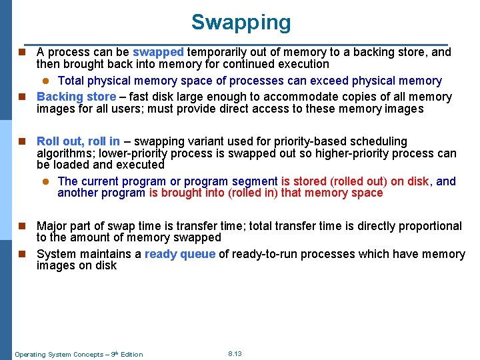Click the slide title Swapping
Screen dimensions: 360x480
click(241, 22)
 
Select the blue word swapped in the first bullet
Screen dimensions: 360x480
click(158, 52)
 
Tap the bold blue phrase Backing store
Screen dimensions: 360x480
click(76, 97)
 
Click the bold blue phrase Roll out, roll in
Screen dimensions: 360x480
click(78, 141)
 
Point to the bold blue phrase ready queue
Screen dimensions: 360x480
click(179, 254)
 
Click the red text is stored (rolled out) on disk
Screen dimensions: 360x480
click(356, 181)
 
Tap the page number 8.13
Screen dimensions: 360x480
click(235, 353)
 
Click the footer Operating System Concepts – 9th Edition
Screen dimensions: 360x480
click(79, 354)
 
